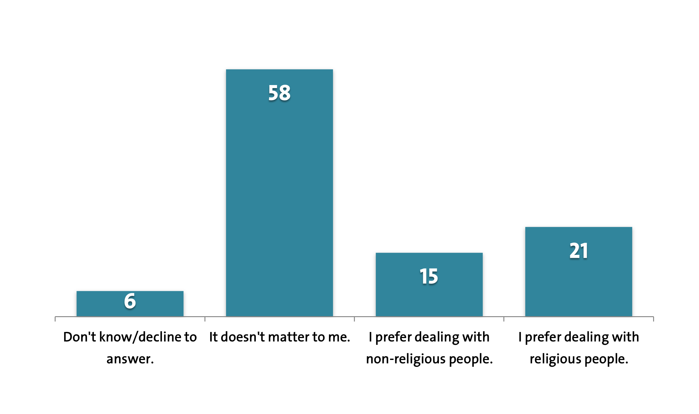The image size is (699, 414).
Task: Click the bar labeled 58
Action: coord(279,194)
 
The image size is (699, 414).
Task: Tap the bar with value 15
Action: coord(429,296)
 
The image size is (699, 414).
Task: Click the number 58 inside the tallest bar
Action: coord(279,93)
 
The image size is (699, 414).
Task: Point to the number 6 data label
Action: coord(130,301)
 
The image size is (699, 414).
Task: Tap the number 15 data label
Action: coord(429,276)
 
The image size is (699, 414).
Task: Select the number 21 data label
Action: coord(578,251)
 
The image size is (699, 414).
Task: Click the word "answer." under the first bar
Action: coord(130,359)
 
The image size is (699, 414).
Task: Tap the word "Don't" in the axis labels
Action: coord(80,337)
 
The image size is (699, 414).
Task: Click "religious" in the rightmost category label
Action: coord(555,359)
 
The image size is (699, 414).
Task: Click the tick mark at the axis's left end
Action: coord(55,319)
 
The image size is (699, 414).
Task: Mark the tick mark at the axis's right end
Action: coord(653,319)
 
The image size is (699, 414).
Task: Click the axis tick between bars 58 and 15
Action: coord(354,319)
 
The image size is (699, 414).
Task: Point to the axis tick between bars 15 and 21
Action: coord(504,319)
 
